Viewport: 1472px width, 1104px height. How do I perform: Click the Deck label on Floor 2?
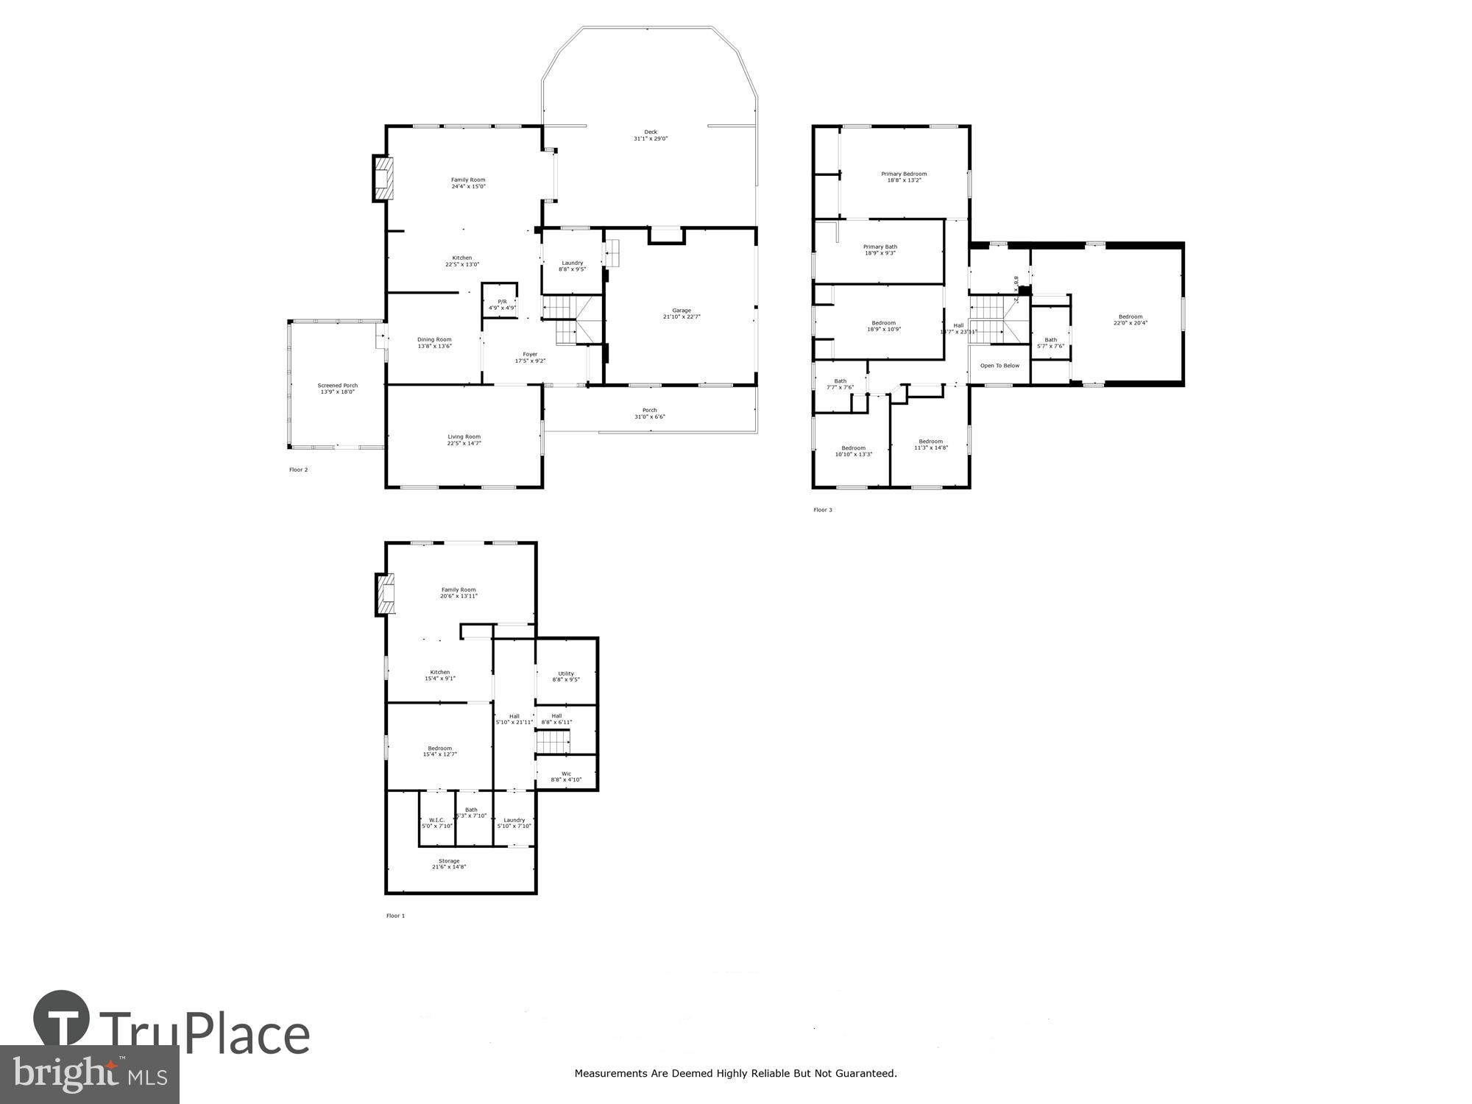click(x=651, y=132)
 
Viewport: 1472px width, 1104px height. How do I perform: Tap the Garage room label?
click(x=682, y=311)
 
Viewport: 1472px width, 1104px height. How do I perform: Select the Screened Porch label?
click(x=338, y=386)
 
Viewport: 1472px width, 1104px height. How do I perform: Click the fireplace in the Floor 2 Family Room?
click(x=382, y=177)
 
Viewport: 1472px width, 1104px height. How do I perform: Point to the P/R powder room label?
click(x=502, y=302)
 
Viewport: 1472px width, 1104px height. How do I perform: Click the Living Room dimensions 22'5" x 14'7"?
click(x=464, y=443)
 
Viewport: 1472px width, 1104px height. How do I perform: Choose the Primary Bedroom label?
click(x=904, y=174)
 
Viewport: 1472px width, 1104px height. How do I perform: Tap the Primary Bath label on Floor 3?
click(x=880, y=247)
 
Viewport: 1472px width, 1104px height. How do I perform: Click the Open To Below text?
click(x=999, y=366)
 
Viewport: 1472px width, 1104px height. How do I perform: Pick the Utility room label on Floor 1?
click(x=566, y=673)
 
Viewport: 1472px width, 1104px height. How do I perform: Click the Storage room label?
click(x=449, y=861)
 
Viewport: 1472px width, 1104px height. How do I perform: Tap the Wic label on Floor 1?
click(x=566, y=774)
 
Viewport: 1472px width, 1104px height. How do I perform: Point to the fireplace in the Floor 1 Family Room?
click(x=384, y=594)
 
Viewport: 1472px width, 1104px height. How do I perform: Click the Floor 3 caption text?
click(x=823, y=510)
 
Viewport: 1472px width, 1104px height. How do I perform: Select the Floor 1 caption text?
click(x=395, y=916)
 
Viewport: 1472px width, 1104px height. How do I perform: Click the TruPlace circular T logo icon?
click(x=62, y=1020)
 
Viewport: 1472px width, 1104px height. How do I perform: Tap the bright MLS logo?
click(x=89, y=1075)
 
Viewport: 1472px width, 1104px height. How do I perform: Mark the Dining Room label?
click(x=434, y=339)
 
